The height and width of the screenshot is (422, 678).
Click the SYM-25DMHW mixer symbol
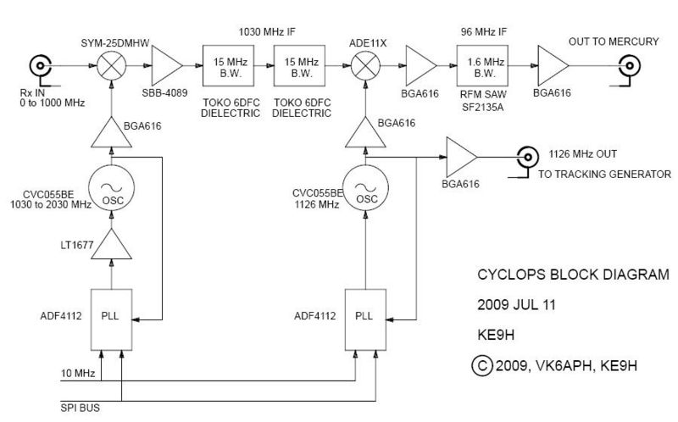109,64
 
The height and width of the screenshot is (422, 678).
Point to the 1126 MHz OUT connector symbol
527,157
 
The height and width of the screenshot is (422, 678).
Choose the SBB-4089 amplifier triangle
164,64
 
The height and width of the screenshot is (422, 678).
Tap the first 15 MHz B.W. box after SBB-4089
226,64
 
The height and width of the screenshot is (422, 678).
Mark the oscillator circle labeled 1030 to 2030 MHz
109,194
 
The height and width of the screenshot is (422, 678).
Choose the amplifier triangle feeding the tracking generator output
460,157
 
